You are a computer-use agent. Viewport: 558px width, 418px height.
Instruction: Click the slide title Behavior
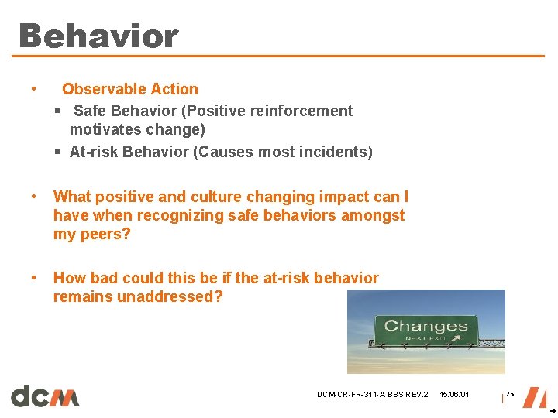[x=98, y=36]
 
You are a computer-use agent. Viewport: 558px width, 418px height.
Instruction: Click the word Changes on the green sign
[x=425, y=326]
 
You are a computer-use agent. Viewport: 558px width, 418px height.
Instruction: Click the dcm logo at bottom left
[x=45, y=396]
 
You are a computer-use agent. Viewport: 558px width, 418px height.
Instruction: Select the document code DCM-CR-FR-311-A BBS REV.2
[x=372, y=395]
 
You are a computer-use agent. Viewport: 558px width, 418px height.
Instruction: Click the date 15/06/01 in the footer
[x=454, y=395]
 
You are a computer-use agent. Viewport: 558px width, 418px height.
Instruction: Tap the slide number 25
[x=509, y=394]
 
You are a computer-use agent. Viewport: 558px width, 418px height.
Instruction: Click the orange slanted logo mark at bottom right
[x=534, y=396]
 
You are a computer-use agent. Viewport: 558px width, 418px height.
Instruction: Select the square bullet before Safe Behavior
[x=58, y=111]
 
